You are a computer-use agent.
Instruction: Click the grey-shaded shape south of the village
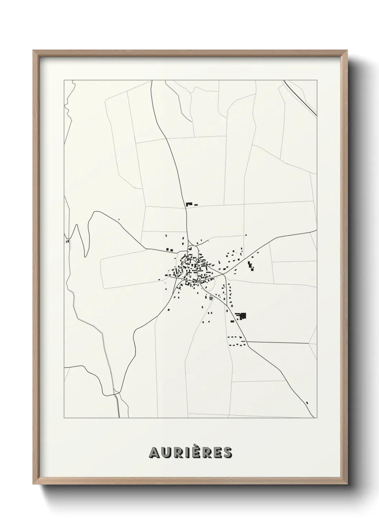(x=211, y=298)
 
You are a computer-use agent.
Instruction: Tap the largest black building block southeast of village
(x=243, y=316)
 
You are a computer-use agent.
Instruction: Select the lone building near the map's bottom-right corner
(x=307, y=402)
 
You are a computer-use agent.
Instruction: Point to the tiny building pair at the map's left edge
(x=67, y=241)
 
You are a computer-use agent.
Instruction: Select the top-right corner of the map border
(x=317, y=80)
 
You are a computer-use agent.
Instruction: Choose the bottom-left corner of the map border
(x=64, y=418)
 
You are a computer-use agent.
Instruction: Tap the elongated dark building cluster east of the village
(x=251, y=266)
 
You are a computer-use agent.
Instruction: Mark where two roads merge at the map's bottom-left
(x=116, y=394)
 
